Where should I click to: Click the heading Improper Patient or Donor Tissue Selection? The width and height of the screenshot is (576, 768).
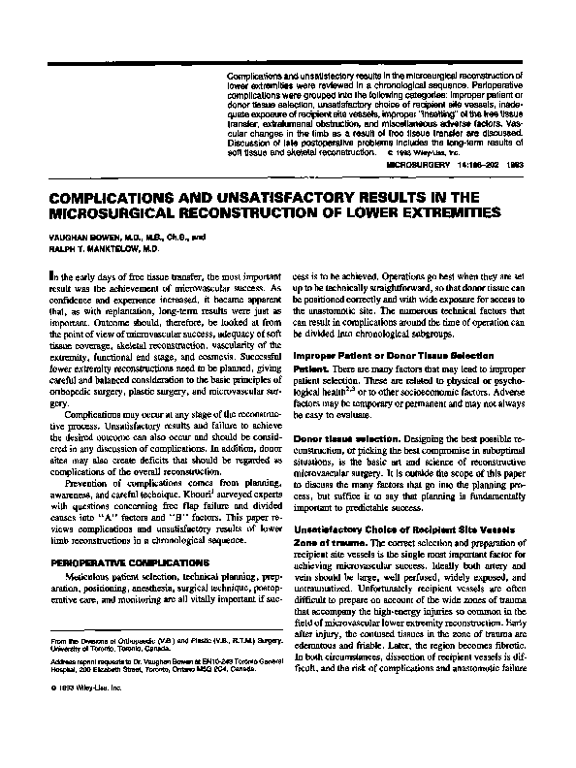[393, 356]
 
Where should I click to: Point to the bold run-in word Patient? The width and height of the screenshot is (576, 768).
[308, 368]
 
